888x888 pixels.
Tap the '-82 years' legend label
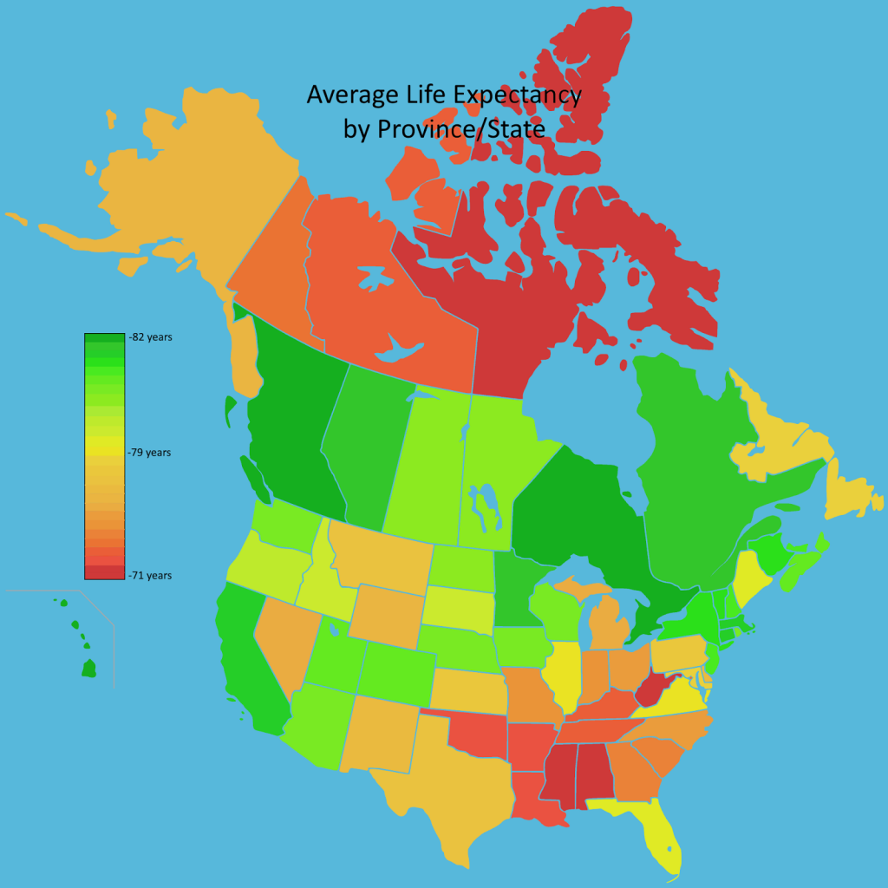[x=149, y=337]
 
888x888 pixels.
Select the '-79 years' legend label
[x=149, y=453]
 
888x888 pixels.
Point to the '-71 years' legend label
[x=149, y=575]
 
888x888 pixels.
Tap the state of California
[x=247, y=659]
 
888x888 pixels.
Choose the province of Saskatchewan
[x=425, y=468]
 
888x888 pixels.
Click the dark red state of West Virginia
[x=652, y=692]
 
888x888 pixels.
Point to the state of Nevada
[x=282, y=637]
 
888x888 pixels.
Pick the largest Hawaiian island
[x=88, y=668]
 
